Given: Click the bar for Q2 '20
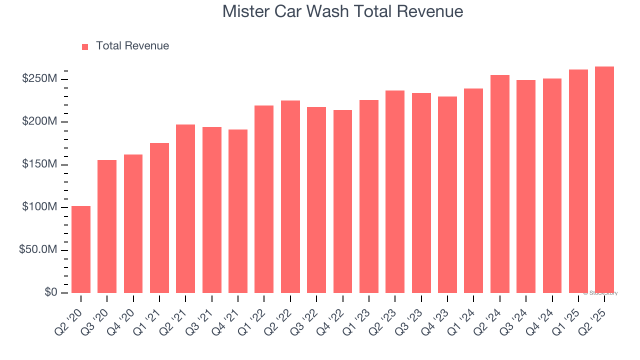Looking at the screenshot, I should pos(81,249).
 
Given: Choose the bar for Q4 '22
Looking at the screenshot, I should pos(342,201).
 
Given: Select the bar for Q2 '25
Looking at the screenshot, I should pos(604,179).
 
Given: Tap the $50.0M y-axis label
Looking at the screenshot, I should pos(38,250).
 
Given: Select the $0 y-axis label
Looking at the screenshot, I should pos(50,292).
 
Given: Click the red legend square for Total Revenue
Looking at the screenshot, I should pos(85,46).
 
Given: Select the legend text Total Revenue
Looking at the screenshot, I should pos(132,46).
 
